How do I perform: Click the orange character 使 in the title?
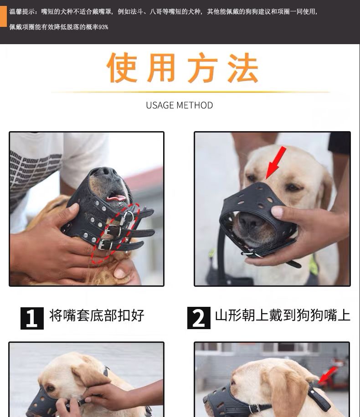122,67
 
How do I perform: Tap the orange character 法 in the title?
242,67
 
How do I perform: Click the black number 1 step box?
32,318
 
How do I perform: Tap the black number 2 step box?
199,318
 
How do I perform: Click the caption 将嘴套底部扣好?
97,315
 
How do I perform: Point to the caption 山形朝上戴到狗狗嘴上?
283,315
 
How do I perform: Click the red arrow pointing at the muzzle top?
275,163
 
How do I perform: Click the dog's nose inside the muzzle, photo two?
249,220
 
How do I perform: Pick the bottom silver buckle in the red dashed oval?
105,244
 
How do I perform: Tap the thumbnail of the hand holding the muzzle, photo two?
277,212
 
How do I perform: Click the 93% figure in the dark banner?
103,27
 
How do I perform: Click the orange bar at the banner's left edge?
3,16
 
